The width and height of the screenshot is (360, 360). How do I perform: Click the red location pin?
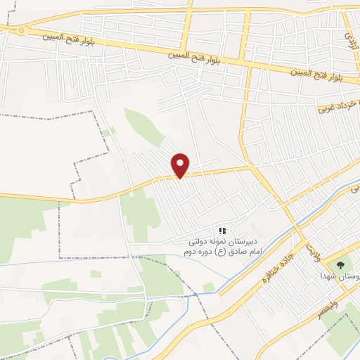(181, 165)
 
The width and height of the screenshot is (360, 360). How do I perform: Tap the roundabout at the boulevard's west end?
(22, 30)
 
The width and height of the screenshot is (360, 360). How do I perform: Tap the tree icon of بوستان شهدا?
(341, 266)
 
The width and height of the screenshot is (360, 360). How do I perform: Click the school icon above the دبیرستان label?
(222, 231)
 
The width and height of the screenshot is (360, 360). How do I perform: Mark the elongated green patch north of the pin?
(143, 126)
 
